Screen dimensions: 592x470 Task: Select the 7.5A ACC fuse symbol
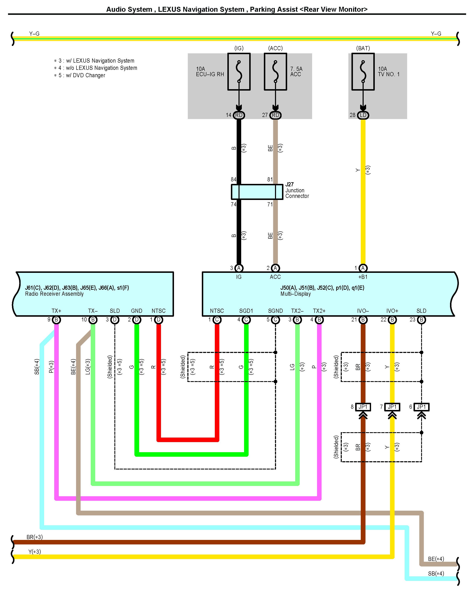click(275, 71)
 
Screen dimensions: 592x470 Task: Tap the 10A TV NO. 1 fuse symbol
click(363, 71)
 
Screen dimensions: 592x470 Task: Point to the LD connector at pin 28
click(363, 115)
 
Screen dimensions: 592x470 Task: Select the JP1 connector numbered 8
click(363, 407)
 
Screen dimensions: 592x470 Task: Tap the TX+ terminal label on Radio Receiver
click(56, 311)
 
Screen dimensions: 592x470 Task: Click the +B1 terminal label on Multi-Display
click(363, 277)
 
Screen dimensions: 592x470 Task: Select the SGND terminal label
click(275, 311)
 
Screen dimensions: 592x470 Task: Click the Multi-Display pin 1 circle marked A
click(363, 268)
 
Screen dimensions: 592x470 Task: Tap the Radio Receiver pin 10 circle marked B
click(93, 320)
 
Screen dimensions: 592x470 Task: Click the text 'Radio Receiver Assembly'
click(54, 294)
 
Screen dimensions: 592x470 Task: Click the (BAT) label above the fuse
click(363, 48)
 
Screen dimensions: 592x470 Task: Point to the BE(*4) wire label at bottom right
click(436, 559)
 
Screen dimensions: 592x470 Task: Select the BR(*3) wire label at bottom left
click(34, 537)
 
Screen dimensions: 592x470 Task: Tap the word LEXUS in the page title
click(169, 9)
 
